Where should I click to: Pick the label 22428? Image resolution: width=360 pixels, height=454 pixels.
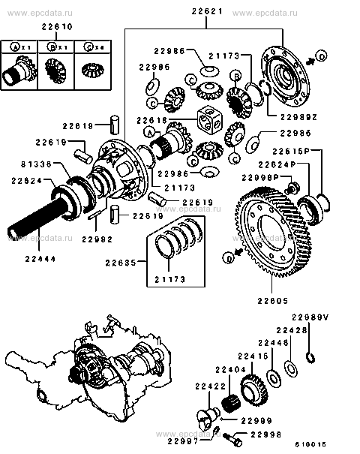(291, 330)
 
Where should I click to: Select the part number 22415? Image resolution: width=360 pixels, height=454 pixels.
(253, 355)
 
